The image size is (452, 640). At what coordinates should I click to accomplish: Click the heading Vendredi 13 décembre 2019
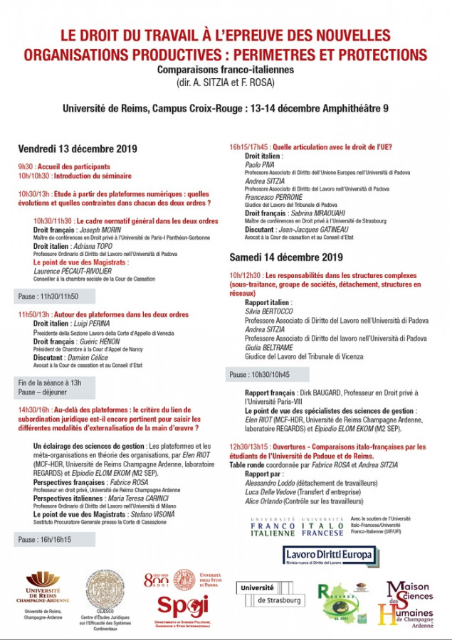(x=77, y=149)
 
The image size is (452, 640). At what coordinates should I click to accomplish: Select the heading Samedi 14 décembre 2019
(x=286, y=257)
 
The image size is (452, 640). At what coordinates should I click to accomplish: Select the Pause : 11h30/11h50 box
(x=48, y=297)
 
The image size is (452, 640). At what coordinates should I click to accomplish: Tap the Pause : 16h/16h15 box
(x=44, y=540)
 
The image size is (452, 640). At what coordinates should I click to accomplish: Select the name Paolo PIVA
(x=259, y=164)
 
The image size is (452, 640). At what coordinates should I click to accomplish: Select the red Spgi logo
(x=182, y=606)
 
